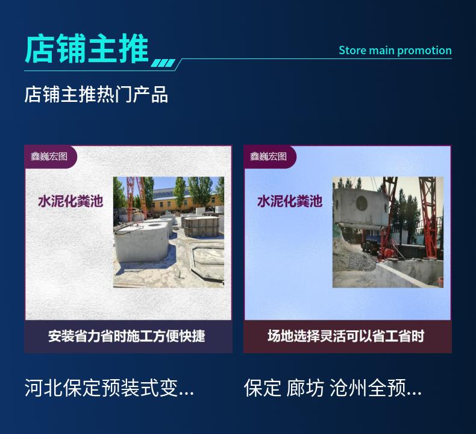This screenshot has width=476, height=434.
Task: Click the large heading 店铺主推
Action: [87, 49]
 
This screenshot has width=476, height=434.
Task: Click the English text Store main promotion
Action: [395, 51]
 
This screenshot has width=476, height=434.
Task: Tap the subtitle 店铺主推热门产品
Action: [96, 95]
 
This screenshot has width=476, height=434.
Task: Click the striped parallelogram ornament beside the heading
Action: [163, 63]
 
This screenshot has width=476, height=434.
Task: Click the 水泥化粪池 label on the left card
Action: [70, 201]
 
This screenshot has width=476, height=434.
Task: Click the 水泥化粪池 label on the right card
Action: [290, 201]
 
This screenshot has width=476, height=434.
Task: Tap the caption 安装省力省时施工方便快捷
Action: [127, 336]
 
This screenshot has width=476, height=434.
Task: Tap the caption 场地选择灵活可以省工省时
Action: [346, 336]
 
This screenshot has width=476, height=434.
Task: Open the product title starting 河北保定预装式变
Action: [109, 388]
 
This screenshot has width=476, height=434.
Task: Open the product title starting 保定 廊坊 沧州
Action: [333, 388]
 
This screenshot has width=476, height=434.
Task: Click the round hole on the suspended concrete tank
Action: [362, 203]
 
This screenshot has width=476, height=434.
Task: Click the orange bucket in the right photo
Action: [440, 282]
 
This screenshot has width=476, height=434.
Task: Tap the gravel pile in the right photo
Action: [352, 255]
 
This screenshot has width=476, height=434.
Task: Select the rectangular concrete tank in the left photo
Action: [201, 226]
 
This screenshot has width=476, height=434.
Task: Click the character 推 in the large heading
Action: [134, 49]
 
